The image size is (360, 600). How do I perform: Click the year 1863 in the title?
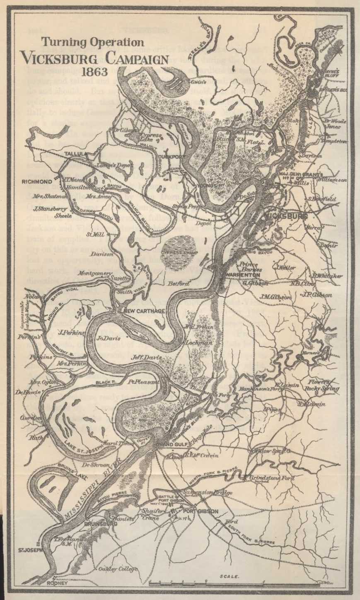coord(95,71)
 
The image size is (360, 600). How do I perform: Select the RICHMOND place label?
coord(37,181)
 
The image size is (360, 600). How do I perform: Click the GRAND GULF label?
coord(170,444)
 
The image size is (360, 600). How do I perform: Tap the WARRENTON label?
coord(243,275)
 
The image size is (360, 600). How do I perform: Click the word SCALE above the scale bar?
coord(229,576)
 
